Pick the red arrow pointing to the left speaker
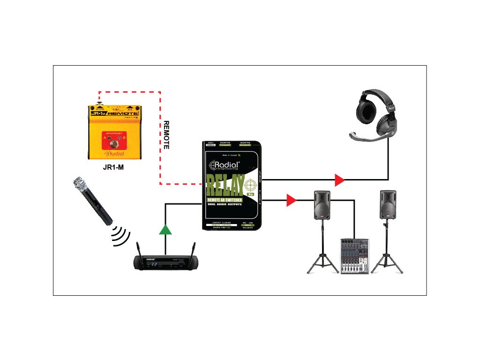tap(291, 201)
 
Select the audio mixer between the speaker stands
tap(354, 256)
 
